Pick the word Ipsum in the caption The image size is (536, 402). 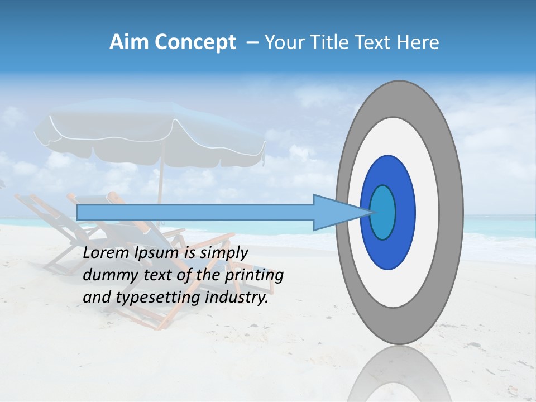(x=157, y=253)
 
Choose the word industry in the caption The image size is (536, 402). (x=235, y=297)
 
